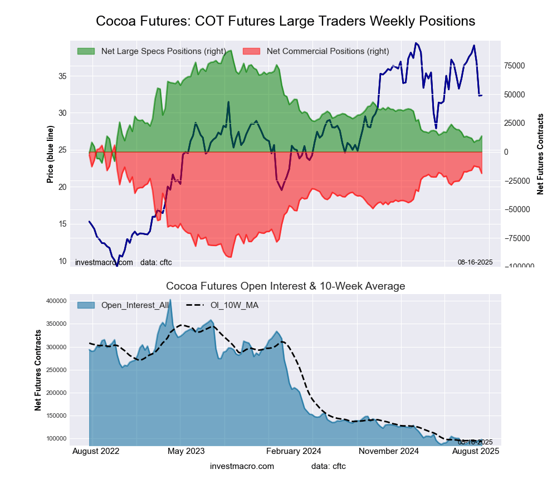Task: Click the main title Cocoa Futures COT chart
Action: [285, 21]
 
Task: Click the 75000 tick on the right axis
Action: [514, 66]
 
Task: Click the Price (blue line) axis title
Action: [50, 154]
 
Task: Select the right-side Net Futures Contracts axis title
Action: [540, 154]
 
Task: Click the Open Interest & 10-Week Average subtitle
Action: [285, 286]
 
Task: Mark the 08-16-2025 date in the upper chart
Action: [475, 262]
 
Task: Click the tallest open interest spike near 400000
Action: [170, 301]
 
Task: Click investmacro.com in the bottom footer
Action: [242, 466]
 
